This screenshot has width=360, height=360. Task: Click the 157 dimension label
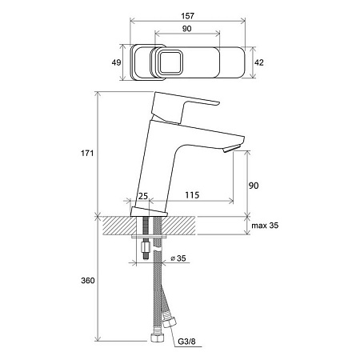click(x=187, y=16)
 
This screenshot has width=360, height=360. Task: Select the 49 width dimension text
click(x=116, y=62)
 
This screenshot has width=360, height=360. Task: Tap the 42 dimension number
click(x=259, y=62)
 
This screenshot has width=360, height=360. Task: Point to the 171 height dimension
click(x=87, y=154)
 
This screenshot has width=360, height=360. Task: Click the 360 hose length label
click(x=88, y=281)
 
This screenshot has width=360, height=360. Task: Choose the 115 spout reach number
click(x=192, y=195)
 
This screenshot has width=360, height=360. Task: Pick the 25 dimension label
click(x=143, y=196)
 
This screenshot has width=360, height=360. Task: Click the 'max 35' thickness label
click(x=265, y=226)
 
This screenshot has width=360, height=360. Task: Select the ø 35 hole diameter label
click(x=178, y=258)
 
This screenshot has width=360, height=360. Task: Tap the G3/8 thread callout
click(x=186, y=342)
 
